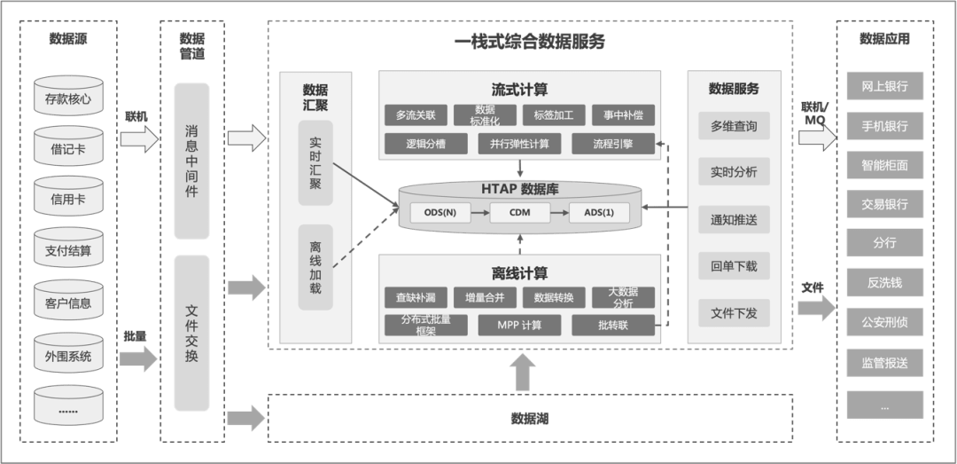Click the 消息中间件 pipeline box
coord(191,161)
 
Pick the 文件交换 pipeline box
coord(191,334)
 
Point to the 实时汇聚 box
coord(315,163)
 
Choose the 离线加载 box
coord(315,267)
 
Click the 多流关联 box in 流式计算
coord(416,115)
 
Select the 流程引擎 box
coord(613,144)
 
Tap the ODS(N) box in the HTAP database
coord(440,213)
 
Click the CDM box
coord(519,213)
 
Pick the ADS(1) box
coord(599,213)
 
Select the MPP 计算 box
coord(519,326)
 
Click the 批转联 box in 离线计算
coord(613,326)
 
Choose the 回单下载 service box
coord(734,266)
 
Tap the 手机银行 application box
coord(884,125)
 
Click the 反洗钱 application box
coord(884,282)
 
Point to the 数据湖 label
coord(530,419)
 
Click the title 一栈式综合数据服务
coord(530,42)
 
